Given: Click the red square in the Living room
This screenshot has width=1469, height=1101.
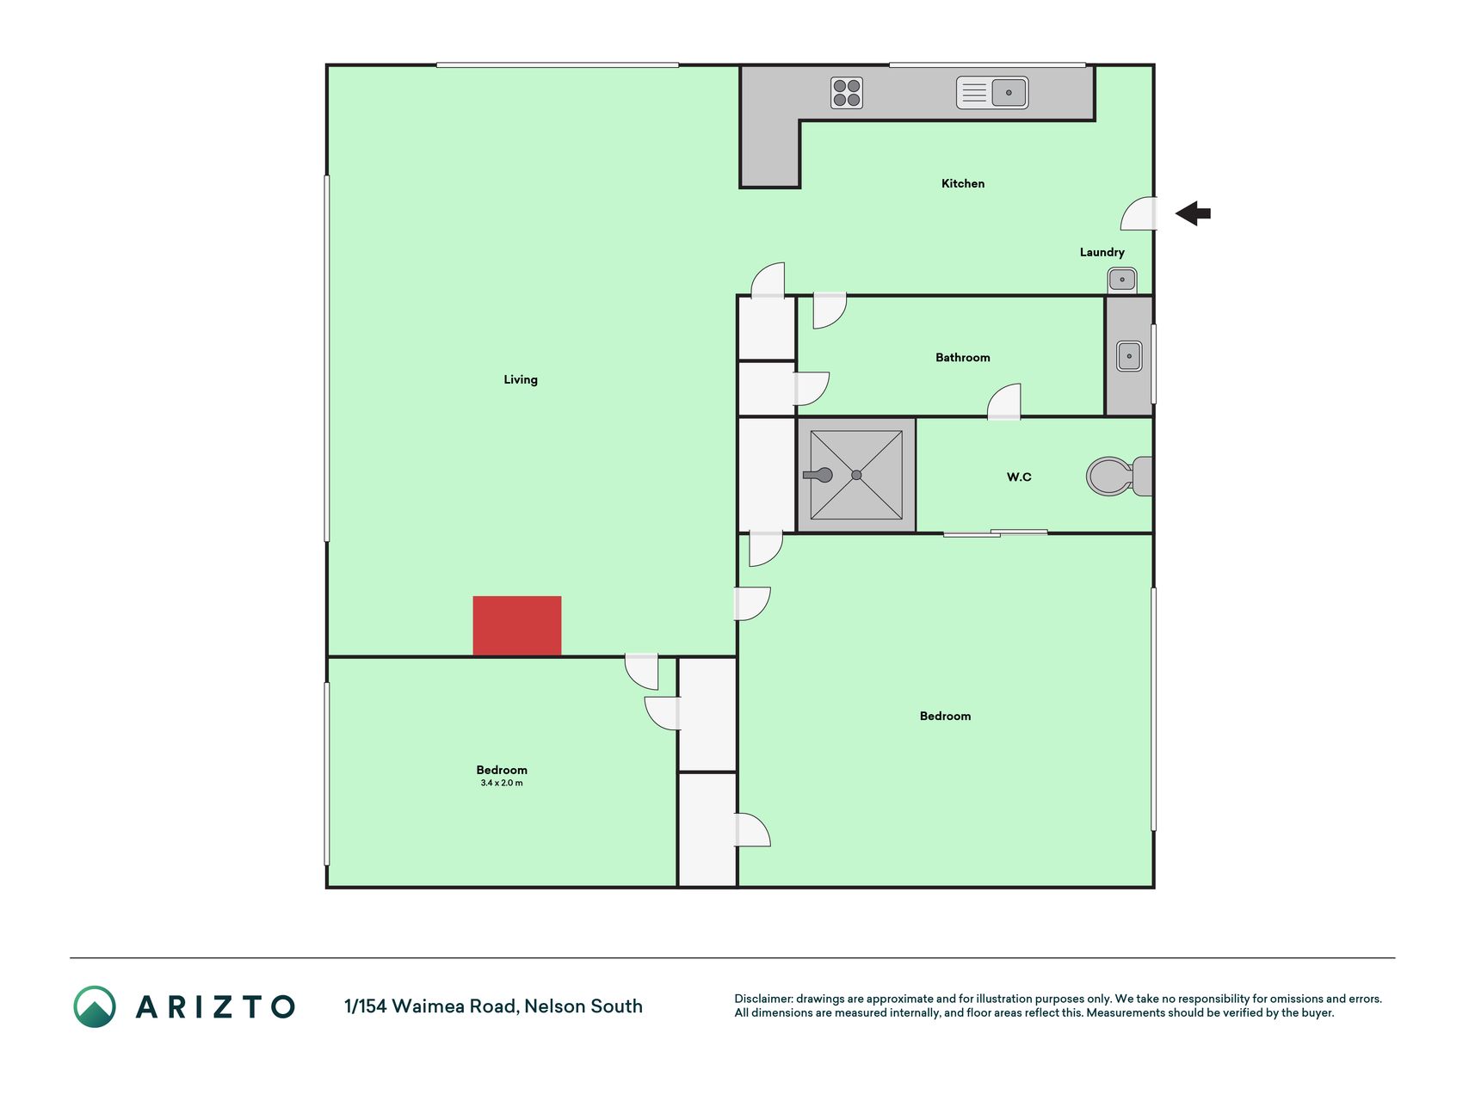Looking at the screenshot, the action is coord(517,626).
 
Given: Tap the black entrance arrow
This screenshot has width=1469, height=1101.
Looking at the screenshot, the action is coord(1193,213).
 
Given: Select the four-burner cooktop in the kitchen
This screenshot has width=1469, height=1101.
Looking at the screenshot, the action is coord(847,93).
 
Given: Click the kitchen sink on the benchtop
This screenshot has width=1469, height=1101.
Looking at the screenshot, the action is coord(992,93).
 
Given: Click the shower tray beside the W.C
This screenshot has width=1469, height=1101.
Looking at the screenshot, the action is coord(856,475).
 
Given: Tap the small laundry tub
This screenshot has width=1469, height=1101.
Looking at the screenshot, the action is coord(1122,280).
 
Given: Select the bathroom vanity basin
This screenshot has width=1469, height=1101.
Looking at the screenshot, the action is coord(1129,356).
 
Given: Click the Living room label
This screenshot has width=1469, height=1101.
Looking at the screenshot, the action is coord(521,379).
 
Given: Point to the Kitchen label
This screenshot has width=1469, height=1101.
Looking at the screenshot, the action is coord(963,183).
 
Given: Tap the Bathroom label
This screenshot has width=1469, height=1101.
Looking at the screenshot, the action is coord(963,357).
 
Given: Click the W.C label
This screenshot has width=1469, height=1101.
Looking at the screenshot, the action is coord(1019,477).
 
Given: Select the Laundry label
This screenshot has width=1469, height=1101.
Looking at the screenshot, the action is coord(1102,252).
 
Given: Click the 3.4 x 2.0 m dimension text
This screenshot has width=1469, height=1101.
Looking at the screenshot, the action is coord(502,783).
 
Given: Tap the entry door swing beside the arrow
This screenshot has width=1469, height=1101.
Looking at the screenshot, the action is coord(1139,213).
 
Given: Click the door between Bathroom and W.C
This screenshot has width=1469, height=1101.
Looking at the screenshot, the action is coord(1004,402).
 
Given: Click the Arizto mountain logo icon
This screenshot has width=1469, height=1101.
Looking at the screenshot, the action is coord(95,1006).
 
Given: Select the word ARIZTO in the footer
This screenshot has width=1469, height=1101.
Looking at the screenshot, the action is coord(215,1006).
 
